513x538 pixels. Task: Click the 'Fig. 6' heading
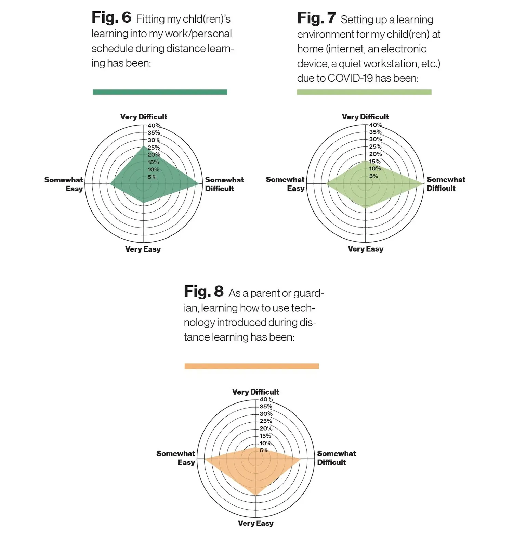tap(111, 17)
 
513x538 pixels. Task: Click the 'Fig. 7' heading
tap(316, 18)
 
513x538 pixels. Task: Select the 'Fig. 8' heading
tap(204, 292)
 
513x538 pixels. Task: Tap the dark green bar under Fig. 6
tap(160, 92)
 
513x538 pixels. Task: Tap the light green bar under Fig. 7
tap(364, 92)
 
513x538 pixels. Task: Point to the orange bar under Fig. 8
tap(252, 366)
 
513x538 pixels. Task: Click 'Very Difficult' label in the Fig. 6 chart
tap(144, 117)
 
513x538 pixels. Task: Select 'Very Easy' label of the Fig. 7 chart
tap(366, 249)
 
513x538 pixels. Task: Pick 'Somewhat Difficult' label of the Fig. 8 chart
tap(337, 458)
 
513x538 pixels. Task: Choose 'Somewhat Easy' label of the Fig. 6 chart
tap(64, 184)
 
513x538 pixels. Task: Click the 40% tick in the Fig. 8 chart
tap(266, 399)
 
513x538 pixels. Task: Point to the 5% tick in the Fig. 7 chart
tap(373, 176)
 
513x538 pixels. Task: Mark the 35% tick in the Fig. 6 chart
tap(154, 133)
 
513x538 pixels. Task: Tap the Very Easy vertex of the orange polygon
tap(256, 495)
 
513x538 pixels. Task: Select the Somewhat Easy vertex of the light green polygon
tap(326, 184)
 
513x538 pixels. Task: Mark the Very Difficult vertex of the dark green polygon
tap(144, 146)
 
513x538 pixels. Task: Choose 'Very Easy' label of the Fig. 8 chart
tap(256, 523)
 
